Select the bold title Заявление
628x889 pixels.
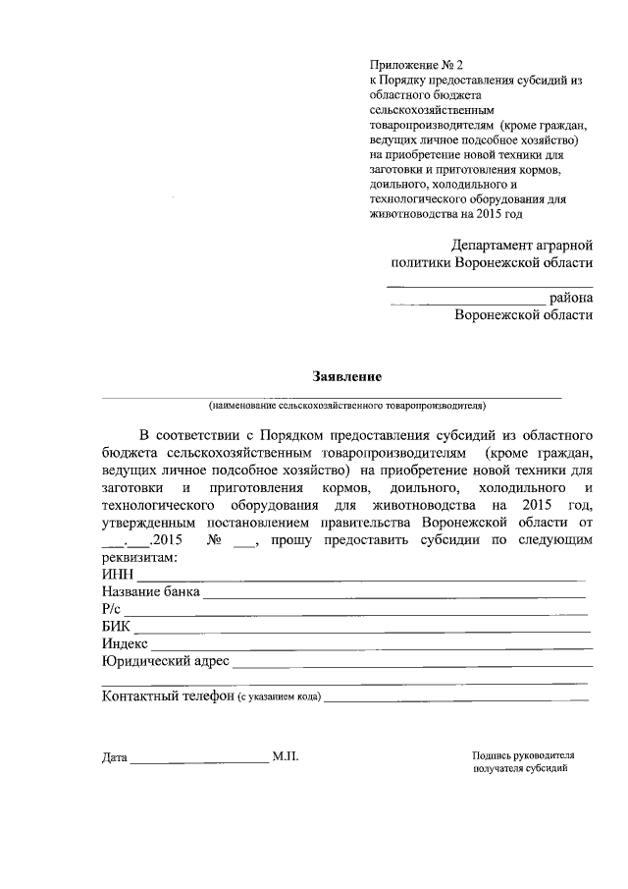(x=346, y=376)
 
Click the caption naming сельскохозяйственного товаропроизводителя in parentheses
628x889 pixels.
(x=346, y=405)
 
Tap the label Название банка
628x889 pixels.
(x=151, y=593)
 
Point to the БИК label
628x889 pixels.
(x=116, y=627)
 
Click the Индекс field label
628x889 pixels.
(x=125, y=643)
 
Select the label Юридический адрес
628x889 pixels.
(x=165, y=661)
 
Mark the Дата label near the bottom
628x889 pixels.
(x=114, y=757)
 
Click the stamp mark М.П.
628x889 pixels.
(x=287, y=756)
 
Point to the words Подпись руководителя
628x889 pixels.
(x=522, y=755)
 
